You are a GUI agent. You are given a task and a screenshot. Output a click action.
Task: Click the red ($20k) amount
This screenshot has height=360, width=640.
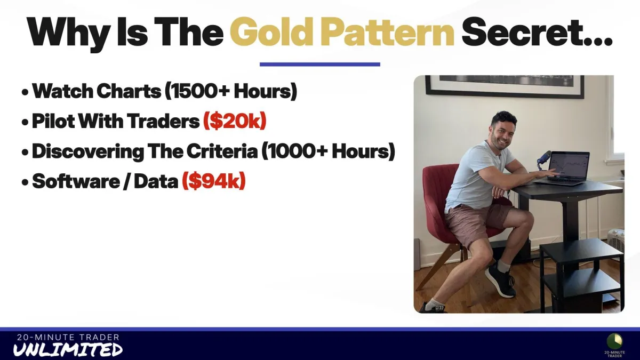pyautogui.click(x=235, y=121)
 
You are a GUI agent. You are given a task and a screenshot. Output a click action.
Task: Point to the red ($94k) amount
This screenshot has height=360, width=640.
pyautogui.click(x=214, y=181)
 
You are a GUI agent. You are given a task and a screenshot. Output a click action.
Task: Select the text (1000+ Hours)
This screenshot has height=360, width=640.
pyautogui.click(x=329, y=151)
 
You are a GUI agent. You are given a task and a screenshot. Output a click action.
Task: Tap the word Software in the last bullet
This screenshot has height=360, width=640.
pyautogui.click(x=76, y=181)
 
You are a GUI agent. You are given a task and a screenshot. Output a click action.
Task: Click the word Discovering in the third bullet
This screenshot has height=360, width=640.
pyautogui.click(x=88, y=151)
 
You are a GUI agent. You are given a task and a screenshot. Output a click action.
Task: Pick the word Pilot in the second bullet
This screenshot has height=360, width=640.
pyautogui.click(x=53, y=121)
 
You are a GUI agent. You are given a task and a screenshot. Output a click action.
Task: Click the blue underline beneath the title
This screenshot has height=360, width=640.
pyautogui.click(x=319, y=65)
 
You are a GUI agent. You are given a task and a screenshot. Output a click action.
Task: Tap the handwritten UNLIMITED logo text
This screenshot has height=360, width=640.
pyautogui.click(x=68, y=350)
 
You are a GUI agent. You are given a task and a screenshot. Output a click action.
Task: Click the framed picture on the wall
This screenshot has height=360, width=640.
pyautogui.click(x=505, y=86)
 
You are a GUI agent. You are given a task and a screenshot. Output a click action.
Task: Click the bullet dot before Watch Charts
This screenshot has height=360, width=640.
pyautogui.click(x=25, y=93)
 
